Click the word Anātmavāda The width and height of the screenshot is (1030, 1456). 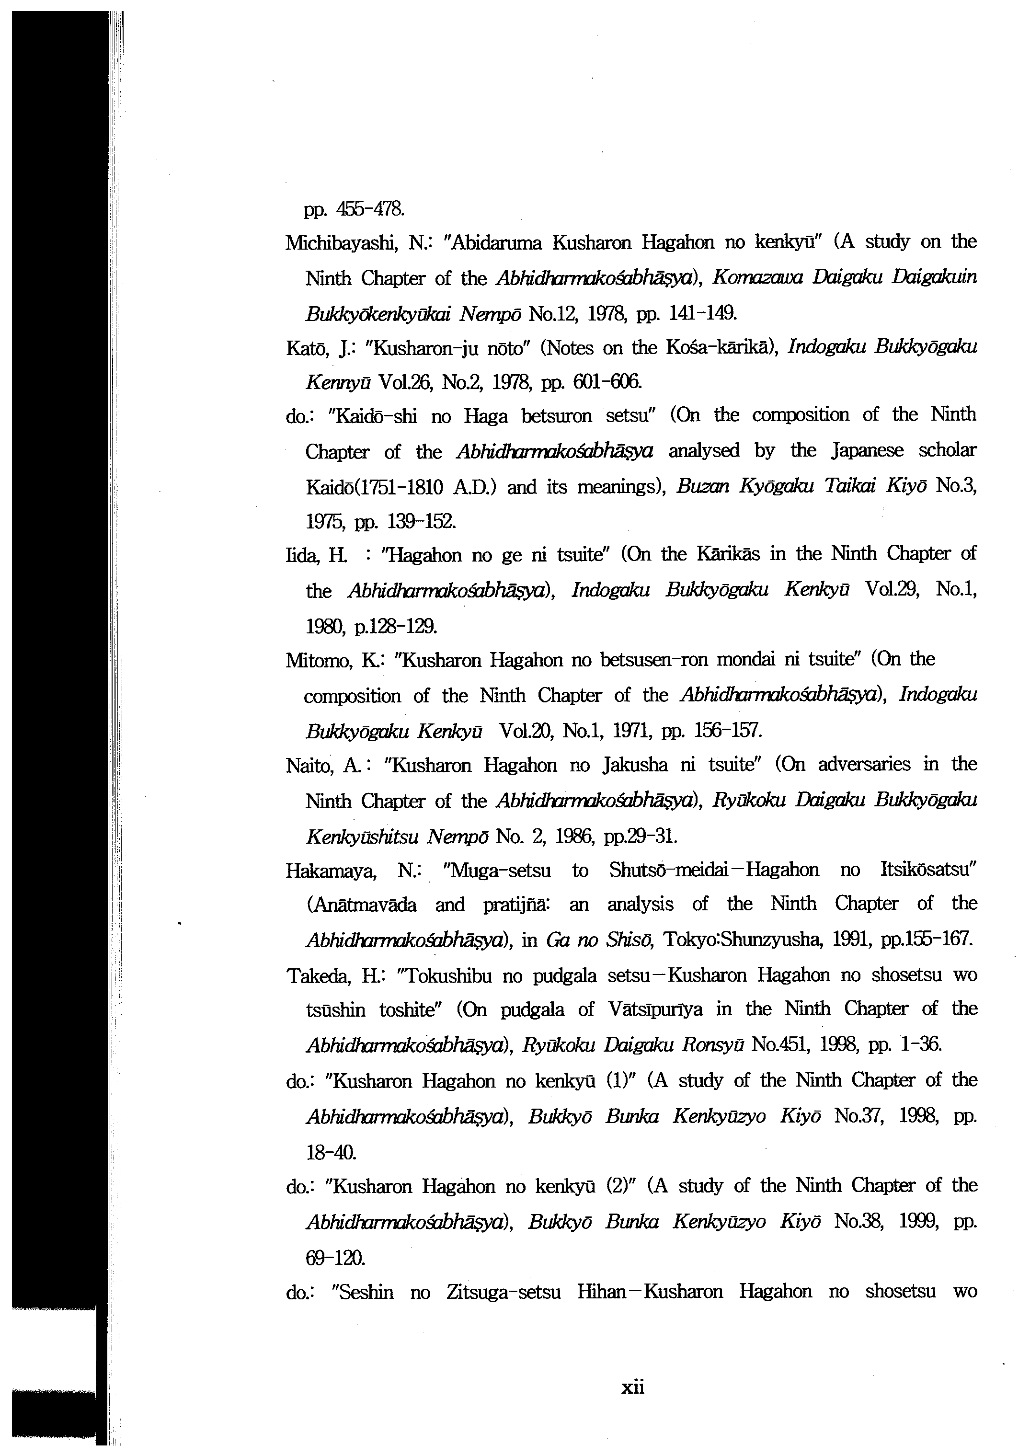362,905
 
